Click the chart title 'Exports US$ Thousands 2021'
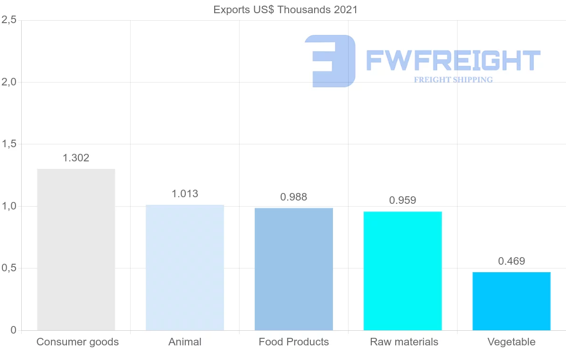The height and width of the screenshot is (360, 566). [285, 10]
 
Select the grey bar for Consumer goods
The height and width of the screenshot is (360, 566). [76, 250]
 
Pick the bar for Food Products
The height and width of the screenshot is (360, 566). [294, 269]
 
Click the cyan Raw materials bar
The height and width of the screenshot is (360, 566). [403, 271]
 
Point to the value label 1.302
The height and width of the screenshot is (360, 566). [76, 158]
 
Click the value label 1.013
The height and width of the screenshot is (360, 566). [185, 194]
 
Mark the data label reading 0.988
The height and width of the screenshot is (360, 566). [294, 197]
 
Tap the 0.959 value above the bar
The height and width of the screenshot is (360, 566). [403, 201]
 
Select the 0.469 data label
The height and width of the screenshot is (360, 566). [512, 261]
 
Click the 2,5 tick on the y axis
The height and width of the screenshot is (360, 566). [9, 20]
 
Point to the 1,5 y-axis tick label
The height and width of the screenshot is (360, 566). [9, 144]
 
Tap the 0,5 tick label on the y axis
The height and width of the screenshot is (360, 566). [9, 268]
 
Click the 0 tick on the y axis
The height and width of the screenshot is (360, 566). [13, 330]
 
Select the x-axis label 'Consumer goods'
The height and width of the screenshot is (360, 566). [78, 342]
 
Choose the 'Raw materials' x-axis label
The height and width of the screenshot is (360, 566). [404, 342]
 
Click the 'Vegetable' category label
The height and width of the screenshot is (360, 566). [512, 342]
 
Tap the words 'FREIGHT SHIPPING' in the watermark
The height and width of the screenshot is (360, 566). [453, 80]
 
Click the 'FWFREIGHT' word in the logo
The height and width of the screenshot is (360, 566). [453, 60]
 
